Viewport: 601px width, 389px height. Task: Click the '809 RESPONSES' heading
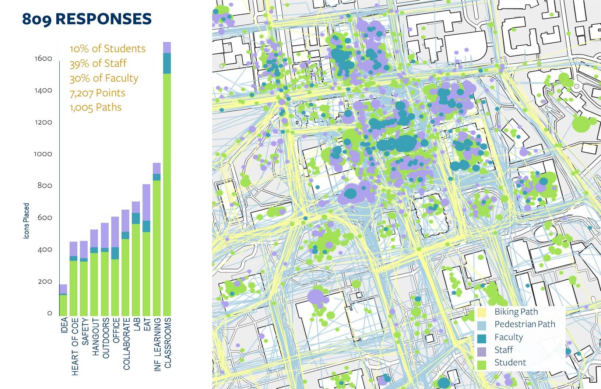tap(87, 19)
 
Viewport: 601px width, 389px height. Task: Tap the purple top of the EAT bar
tap(146, 202)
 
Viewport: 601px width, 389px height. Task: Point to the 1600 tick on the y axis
tap(43, 59)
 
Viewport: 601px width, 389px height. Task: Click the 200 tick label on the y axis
tap(45, 281)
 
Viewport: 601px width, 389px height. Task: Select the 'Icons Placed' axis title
tap(26, 221)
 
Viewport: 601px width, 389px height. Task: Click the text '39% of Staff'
tap(98, 63)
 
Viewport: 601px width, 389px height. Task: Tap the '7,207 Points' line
tap(98, 93)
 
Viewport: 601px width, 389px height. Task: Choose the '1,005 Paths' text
tap(96, 107)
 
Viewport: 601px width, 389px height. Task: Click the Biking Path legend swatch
tap(482, 312)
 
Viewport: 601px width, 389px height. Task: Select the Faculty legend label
tap(508, 337)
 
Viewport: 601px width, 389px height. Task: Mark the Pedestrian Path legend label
tap(524, 324)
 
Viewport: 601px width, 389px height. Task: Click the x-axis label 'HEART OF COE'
tap(75, 346)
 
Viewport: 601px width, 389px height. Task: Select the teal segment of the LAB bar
tap(136, 218)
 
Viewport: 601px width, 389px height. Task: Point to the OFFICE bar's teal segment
tap(115, 253)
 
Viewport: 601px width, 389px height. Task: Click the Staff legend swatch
tap(482, 350)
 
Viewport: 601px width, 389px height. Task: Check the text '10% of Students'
tap(108, 49)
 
